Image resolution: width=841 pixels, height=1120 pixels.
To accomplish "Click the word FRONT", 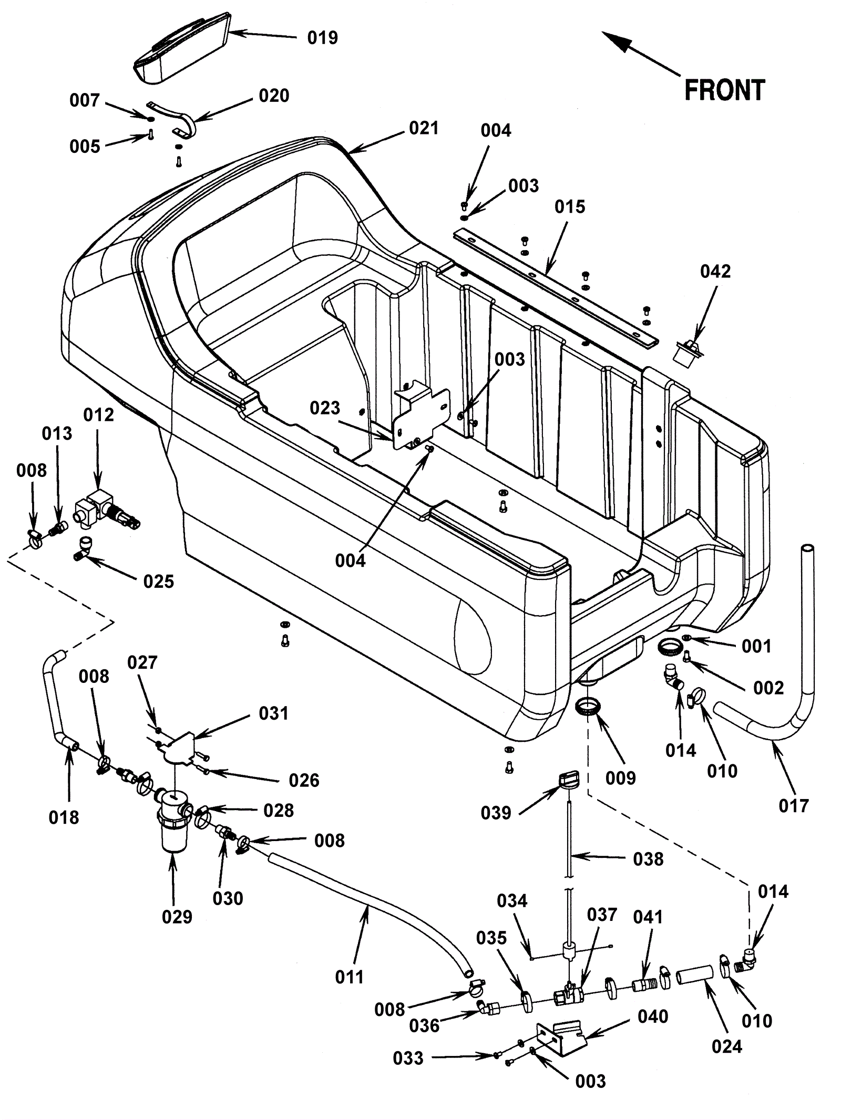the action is click(x=724, y=90).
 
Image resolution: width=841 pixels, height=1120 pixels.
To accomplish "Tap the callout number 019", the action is click(x=322, y=38).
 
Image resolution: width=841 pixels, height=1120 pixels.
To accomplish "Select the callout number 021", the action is click(x=424, y=128).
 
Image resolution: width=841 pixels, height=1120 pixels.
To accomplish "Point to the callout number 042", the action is click(x=715, y=272).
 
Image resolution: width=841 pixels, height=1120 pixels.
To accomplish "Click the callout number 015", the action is click(x=570, y=207).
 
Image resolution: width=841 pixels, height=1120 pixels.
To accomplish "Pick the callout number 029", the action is click(x=177, y=917).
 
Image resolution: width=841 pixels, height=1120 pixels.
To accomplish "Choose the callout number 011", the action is click(x=350, y=977).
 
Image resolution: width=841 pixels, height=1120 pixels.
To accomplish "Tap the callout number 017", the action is click(x=793, y=805).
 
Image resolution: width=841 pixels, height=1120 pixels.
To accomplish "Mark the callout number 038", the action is click(x=648, y=859).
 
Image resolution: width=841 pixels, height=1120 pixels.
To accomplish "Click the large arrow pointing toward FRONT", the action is click(x=641, y=53).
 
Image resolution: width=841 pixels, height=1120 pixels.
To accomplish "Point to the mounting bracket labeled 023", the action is click(x=420, y=415).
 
